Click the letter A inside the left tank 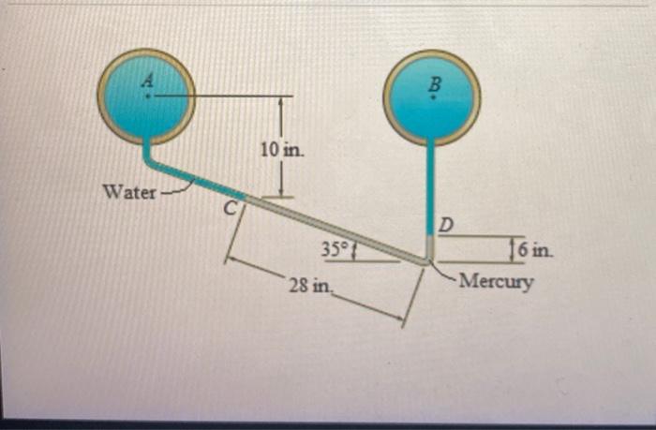[146, 82]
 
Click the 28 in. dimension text [308, 284]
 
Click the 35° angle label [335, 249]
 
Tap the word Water [129, 193]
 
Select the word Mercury [496, 280]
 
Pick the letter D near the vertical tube [447, 225]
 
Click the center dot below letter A [146, 96]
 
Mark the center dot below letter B [433, 97]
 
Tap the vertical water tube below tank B [432, 187]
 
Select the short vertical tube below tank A [147, 152]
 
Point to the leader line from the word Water [176, 191]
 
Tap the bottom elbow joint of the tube [428, 259]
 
